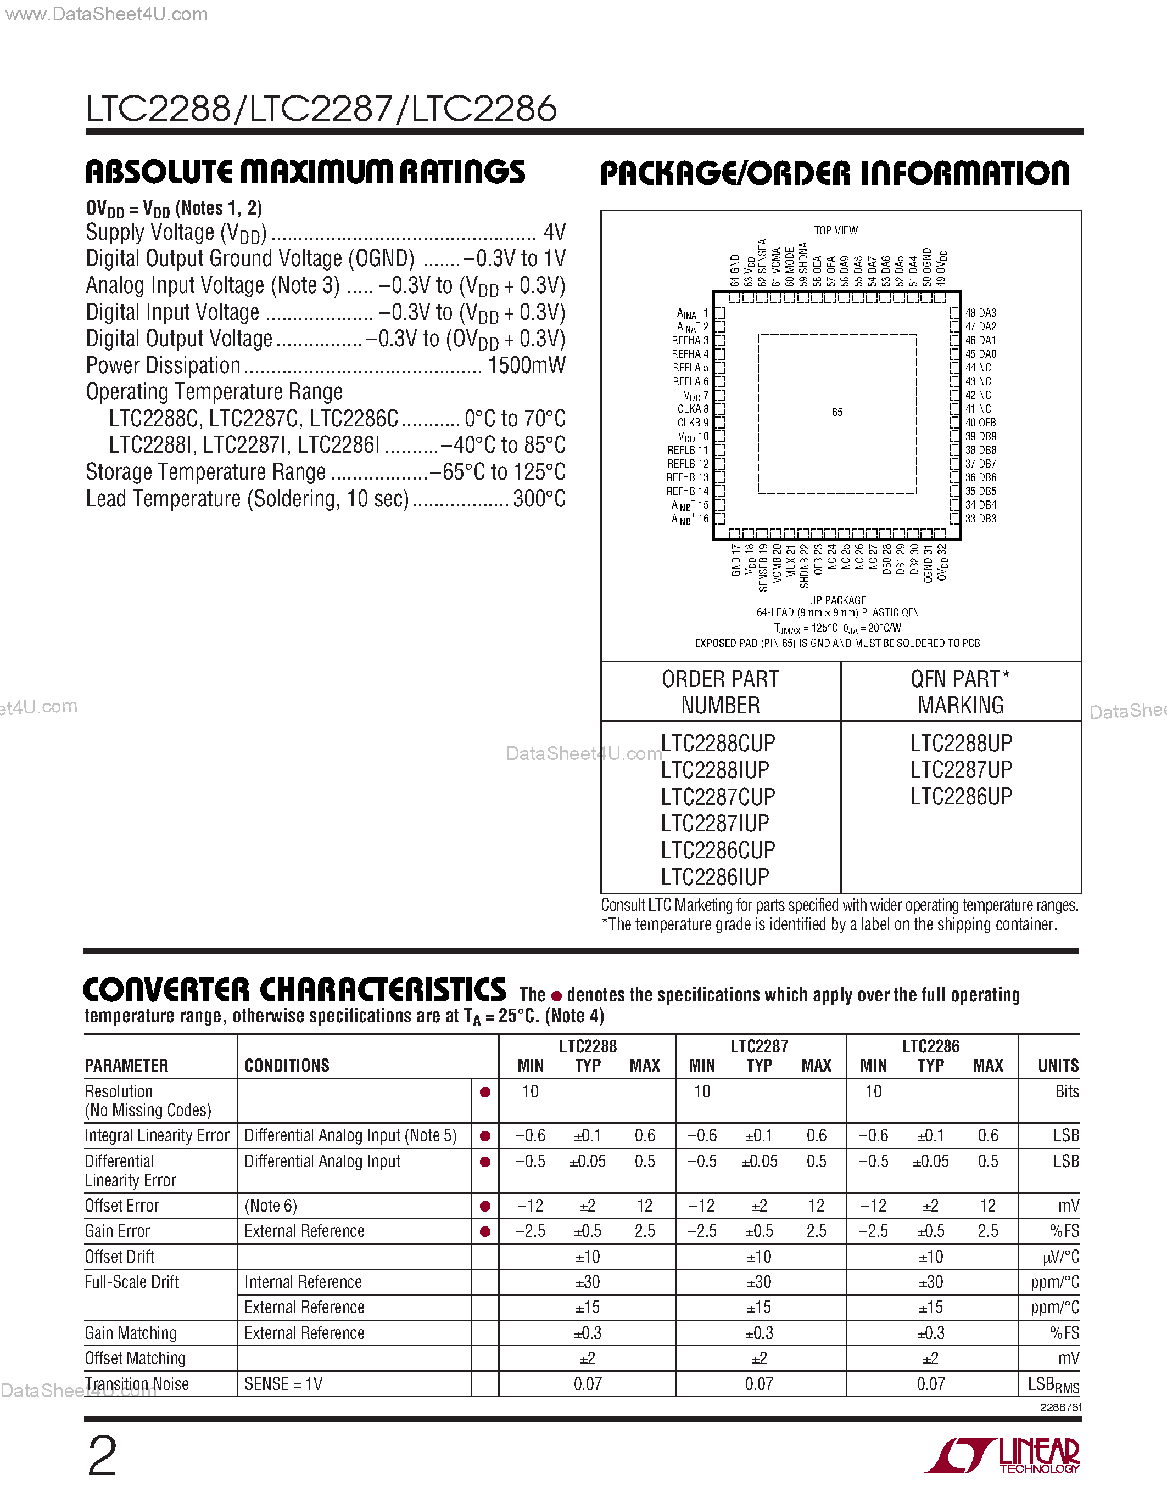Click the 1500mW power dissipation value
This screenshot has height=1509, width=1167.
point(526,365)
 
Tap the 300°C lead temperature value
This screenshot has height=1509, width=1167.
point(539,499)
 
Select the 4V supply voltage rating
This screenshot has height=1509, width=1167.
point(555,232)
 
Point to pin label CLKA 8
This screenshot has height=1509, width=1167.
point(693,409)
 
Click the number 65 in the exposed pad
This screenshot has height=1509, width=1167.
point(837,413)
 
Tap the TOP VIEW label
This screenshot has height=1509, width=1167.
point(835,230)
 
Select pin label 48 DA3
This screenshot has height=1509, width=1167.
point(980,313)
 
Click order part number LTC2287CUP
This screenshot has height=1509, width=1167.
point(718,797)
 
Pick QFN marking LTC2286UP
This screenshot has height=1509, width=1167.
point(961,797)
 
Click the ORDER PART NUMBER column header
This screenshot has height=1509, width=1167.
point(721,691)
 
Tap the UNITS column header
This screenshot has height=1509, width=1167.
point(1058,1066)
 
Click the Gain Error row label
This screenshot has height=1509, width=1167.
point(118,1231)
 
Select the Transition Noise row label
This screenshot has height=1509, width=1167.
point(137,1384)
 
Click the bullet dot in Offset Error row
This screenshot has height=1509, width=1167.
point(485,1206)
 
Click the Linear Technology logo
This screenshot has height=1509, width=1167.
point(1002,1456)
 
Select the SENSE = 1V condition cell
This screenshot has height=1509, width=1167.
point(283,1384)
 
